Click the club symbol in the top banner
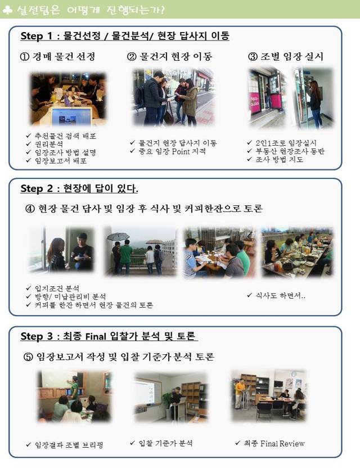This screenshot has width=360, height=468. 7,10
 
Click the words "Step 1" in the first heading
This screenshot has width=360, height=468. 37,36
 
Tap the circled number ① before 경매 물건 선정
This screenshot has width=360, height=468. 25,56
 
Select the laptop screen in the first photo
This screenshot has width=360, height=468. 71,116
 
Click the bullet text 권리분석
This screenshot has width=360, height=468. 49,144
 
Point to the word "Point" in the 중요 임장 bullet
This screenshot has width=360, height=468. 181,151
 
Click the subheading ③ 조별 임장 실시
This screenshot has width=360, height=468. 286,56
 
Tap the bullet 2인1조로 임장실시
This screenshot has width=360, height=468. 286,143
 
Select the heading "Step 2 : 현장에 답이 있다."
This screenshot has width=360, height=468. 79,188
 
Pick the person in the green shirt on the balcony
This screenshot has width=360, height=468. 125,256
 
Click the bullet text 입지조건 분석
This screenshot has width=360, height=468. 57,289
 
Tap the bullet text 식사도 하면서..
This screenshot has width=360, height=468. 280,295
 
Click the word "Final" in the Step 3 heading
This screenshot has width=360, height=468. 96,336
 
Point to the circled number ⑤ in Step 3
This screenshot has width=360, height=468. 28,357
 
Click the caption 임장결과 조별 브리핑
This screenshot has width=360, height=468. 69,445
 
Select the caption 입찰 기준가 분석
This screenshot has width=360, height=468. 166,443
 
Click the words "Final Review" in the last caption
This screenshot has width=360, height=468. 282,443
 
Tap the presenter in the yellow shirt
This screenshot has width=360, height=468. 240,393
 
